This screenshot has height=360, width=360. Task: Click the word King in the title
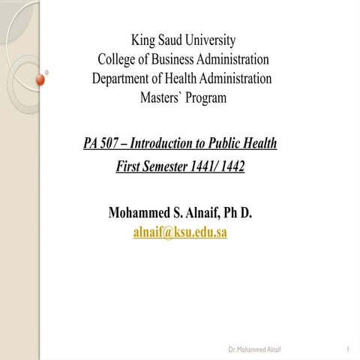145,40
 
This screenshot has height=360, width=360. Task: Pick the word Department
125,79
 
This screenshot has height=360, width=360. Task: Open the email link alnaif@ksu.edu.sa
180,232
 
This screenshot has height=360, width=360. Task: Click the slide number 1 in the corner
349,350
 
